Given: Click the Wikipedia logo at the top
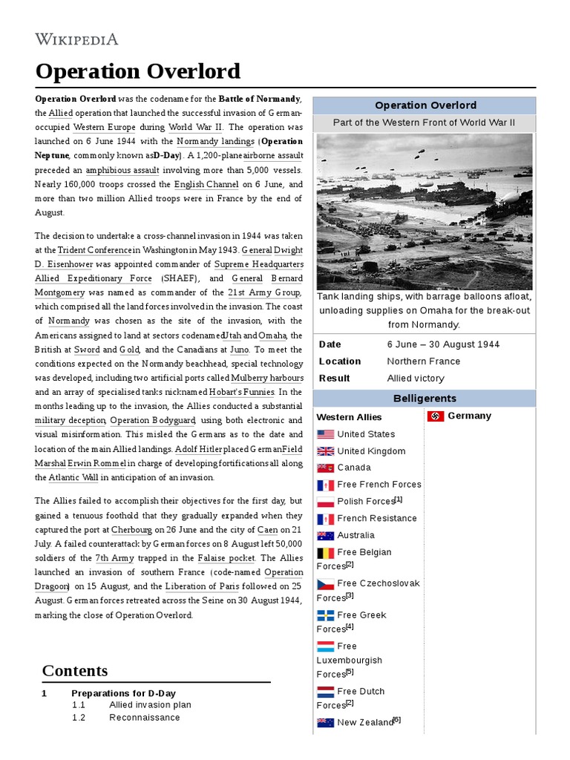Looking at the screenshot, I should pyautogui.click(x=77, y=39).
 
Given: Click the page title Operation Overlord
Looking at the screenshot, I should pyautogui.click(x=138, y=71).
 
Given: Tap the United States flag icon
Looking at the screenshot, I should pyautogui.click(x=325, y=434).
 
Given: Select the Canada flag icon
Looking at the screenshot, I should pyautogui.click(x=325, y=468).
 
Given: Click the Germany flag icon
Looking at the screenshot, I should pyautogui.click(x=436, y=416).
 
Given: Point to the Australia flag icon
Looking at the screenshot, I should pyautogui.click(x=325, y=535).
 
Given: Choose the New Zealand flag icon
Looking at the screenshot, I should pyautogui.click(x=325, y=722).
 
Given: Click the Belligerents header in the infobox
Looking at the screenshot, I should pyautogui.click(x=424, y=399).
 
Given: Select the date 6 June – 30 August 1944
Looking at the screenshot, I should pyautogui.click(x=443, y=344).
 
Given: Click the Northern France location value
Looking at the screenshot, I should pyautogui.click(x=423, y=361).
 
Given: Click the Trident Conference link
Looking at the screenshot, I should pyautogui.click(x=95, y=251).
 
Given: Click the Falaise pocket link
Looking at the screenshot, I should pyautogui.click(x=226, y=558).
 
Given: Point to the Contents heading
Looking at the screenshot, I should pyautogui.click(x=75, y=671).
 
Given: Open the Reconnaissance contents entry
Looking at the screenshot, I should pyautogui.click(x=144, y=718).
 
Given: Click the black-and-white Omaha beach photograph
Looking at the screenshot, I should pyautogui.click(x=424, y=212).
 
